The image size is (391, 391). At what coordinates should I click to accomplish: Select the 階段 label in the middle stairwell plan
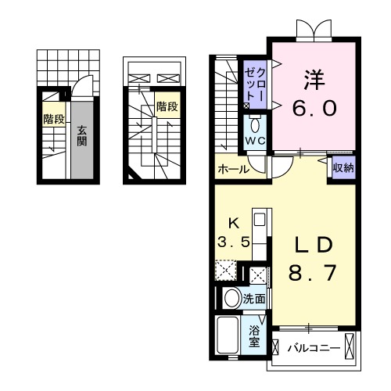click(166, 106)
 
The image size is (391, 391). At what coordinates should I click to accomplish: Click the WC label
click(256, 142)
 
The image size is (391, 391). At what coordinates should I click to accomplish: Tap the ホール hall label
click(234, 169)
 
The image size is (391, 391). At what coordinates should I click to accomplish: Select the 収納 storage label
click(341, 167)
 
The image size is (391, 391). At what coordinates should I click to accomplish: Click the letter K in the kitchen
click(233, 221)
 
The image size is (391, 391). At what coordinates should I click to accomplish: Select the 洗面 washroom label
click(253, 298)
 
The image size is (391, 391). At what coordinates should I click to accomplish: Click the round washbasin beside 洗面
click(230, 298)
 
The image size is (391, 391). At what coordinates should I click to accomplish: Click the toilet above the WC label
click(255, 124)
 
